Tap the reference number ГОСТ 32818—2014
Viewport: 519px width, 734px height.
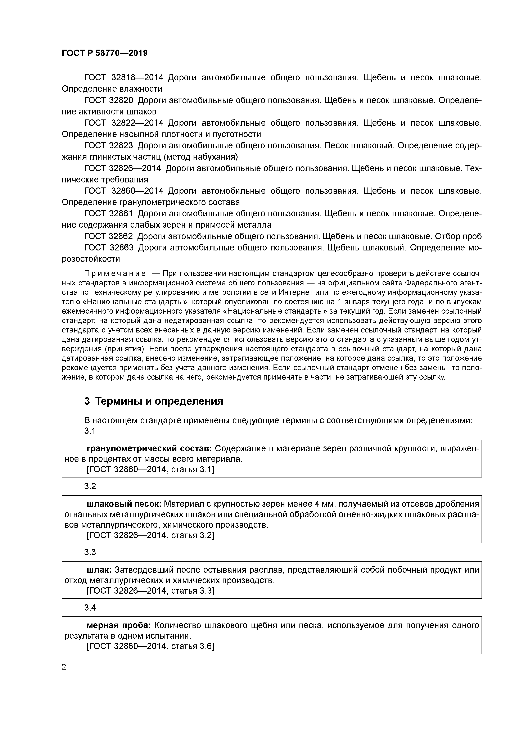(x=124, y=78)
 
